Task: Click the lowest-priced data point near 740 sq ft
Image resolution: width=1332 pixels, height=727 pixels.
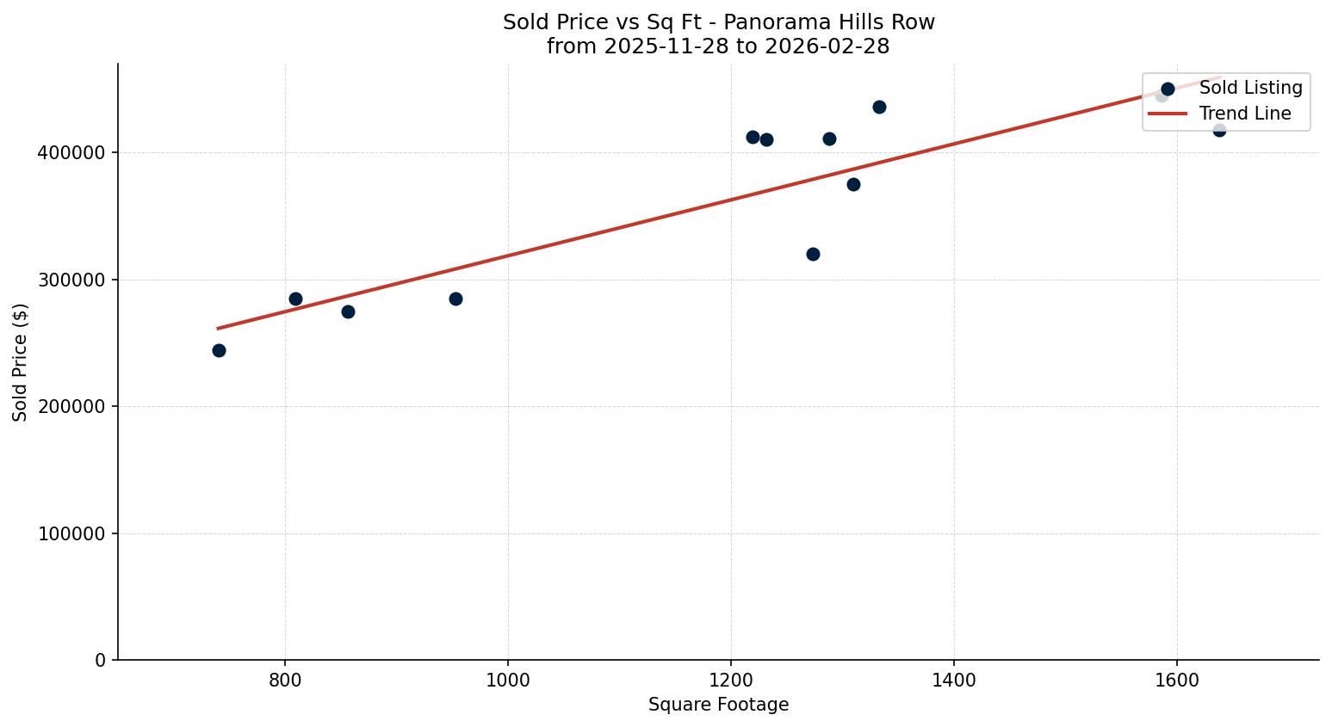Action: pyautogui.click(x=219, y=350)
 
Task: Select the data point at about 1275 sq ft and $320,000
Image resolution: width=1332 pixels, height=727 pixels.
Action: pyautogui.click(x=813, y=254)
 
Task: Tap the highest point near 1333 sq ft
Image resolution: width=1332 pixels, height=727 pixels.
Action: pyautogui.click(x=879, y=107)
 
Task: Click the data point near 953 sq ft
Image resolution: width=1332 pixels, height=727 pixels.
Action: pyautogui.click(x=455, y=299)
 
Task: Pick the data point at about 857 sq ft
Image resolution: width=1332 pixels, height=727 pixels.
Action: pyautogui.click(x=348, y=311)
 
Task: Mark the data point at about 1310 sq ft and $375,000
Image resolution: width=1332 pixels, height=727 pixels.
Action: pyautogui.click(x=853, y=184)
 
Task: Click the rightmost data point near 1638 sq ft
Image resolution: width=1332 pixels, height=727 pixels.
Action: pyautogui.click(x=1219, y=130)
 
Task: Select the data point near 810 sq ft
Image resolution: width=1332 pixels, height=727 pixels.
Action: pyautogui.click(x=295, y=299)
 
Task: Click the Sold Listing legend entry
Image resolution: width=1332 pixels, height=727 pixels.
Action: pyautogui.click(x=1250, y=88)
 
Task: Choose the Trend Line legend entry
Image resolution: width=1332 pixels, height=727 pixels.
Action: pyautogui.click(x=1244, y=114)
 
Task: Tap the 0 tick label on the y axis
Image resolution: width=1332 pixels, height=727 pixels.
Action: pyautogui.click(x=100, y=660)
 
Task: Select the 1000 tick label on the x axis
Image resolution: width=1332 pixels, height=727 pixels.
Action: pyautogui.click(x=507, y=680)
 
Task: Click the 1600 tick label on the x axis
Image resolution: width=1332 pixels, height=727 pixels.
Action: pyautogui.click(x=1176, y=680)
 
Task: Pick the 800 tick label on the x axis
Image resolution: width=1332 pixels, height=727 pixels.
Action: pyautogui.click(x=284, y=680)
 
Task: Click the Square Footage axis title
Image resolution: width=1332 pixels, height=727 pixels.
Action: pyautogui.click(x=718, y=705)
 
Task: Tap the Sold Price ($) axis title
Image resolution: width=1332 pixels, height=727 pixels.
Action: pyautogui.click(x=21, y=362)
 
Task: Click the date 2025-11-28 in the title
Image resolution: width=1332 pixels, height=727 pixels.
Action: pyautogui.click(x=657, y=46)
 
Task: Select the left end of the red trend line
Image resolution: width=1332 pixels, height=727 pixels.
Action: pyautogui.click(x=218, y=328)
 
